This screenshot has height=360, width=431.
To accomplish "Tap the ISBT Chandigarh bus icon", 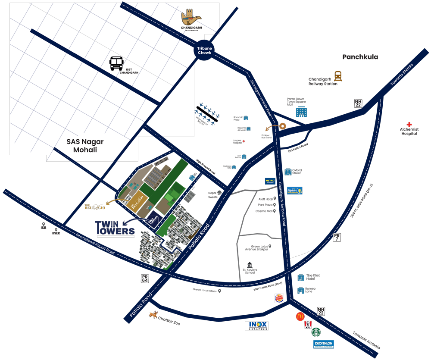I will [116, 63].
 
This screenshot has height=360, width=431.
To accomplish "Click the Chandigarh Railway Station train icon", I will [337, 76].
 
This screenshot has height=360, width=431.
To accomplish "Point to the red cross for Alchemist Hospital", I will [409, 125].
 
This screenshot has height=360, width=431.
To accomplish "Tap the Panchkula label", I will [360, 57].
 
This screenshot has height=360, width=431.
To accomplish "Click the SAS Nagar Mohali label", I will [85, 146].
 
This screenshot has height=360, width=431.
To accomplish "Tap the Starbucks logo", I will [316, 332].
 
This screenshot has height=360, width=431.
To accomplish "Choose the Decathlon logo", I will [323, 344].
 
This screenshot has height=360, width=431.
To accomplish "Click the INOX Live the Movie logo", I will [256, 326].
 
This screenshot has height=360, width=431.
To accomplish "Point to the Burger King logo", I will [279, 298].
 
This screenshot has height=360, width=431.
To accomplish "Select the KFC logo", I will [308, 325].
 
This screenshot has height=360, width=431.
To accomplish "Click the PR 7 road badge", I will [337, 237].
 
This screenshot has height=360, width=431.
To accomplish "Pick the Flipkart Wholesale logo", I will [295, 191].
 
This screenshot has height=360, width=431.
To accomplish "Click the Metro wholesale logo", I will [270, 182].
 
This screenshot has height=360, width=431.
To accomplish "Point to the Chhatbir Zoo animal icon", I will [153, 315].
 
